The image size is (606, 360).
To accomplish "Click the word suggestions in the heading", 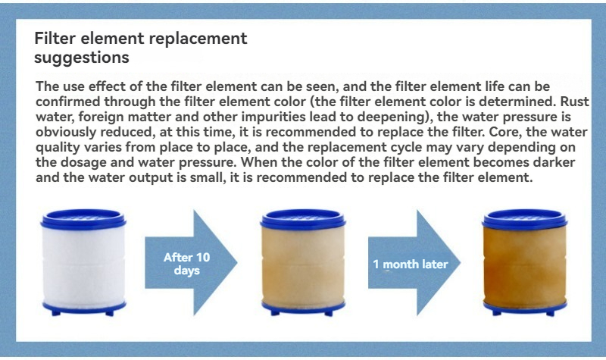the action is (82, 58).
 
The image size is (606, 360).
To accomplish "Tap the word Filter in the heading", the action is (55, 39).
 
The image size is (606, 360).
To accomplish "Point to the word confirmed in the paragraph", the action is (67, 102).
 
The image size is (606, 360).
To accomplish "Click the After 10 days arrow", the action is (191, 262).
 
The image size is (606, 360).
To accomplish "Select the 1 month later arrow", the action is (414, 263).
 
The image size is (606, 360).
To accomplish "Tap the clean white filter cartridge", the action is (83, 263).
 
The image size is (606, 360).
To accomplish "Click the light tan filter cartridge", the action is (303, 263).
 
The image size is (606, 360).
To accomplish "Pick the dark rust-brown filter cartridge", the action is (525, 263).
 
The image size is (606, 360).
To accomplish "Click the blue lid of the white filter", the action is (83, 219).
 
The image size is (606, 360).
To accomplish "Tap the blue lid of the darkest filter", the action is (525, 219).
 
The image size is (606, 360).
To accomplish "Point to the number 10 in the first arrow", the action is (203, 257).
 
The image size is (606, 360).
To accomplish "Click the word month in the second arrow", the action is (401, 264).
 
